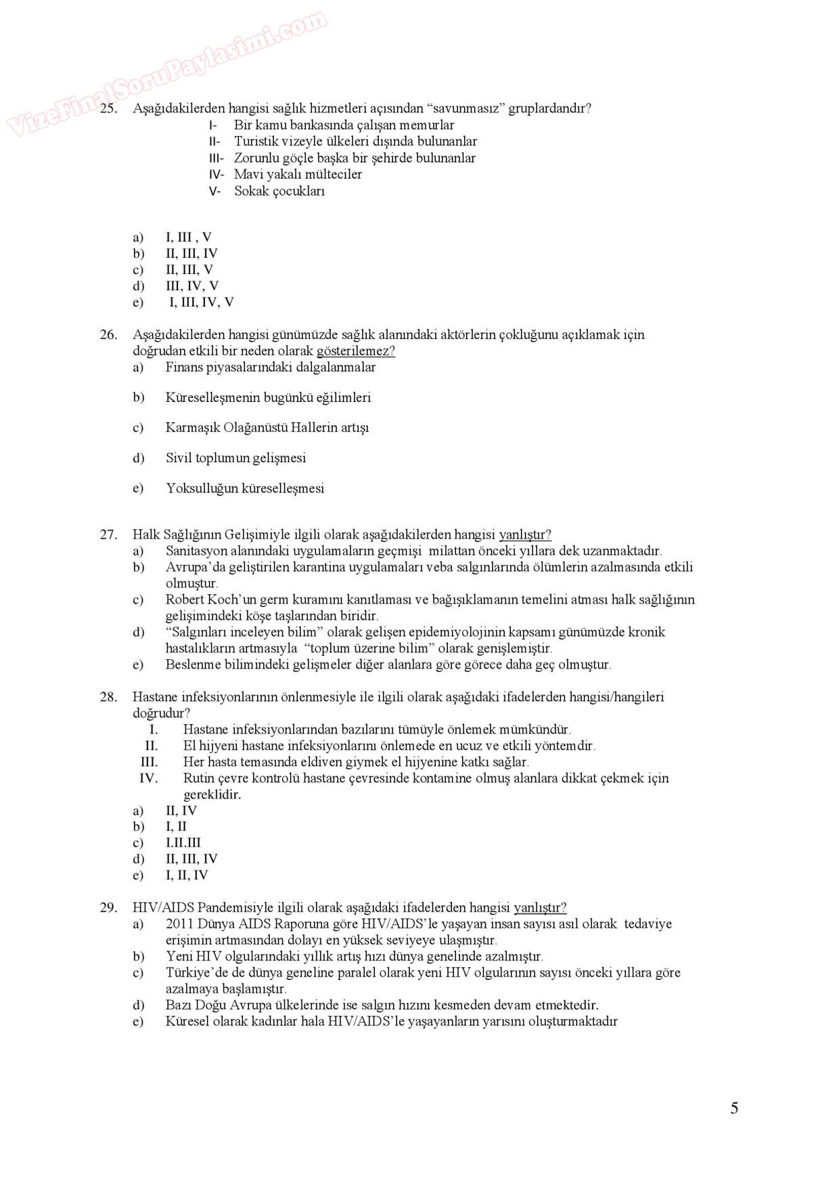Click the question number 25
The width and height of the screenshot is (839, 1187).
pyautogui.click(x=108, y=108)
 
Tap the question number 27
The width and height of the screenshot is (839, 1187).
pyautogui.click(x=108, y=535)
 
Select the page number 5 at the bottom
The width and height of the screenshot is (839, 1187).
pyautogui.click(x=734, y=1108)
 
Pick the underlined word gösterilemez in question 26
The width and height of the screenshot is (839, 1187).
pyautogui.click(x=355, y=351)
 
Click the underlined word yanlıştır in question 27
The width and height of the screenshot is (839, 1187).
pyautogui.click(x=524, y=535)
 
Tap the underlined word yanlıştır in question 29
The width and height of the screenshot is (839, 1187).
pyautogui.click(x=540, y=908)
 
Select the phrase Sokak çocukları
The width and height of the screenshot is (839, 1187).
pyautogui.click(x=279, y=191)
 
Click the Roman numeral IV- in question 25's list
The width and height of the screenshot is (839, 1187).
pyautogui.click(x=216, y=175)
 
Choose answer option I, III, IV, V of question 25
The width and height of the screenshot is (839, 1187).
pyautogui.click(x=202, y=303)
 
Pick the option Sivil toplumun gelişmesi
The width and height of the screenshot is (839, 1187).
pyautogui.click(x=236, y=458)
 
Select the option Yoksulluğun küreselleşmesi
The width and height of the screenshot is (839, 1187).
pyautogui.click(x=245, y=489)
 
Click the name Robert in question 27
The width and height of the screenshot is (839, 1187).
pyautogui.click(x=185, y=600)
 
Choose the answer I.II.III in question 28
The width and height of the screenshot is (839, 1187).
pyautogui.click(x=183, y=843)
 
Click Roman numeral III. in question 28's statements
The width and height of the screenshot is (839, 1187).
pyautogui.click(x=149, y=762)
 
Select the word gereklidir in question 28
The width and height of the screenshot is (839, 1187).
pyautogui.click(x=212, y=794)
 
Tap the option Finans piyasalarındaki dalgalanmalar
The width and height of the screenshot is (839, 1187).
pyautogui.click(x=271, y=367)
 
